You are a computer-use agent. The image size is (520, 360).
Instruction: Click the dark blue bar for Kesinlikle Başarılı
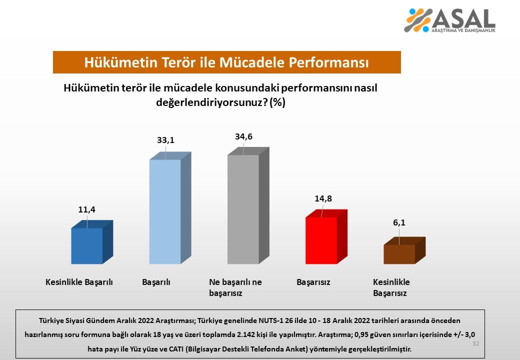[x=87, y=245]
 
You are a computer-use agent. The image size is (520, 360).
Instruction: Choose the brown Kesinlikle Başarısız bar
[x=399, y=254]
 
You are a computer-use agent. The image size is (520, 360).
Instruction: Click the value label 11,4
[x=86, y=210]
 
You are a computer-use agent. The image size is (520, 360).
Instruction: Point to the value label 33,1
[x=165, y=140]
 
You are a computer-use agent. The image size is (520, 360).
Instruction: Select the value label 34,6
[x=243, y=136]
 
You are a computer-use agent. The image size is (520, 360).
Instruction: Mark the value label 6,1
[x=399, y=223]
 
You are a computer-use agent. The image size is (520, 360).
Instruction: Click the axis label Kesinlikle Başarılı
[x=79, y=282]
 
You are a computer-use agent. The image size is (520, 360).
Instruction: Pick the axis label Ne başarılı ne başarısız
[x=235, y=287]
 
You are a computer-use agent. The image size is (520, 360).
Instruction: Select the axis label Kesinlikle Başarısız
[x=391, y=287]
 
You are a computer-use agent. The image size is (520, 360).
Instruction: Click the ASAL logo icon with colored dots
[x=417, y=20]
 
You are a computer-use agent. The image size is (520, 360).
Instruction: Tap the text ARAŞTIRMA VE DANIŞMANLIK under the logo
[x=463, y=30]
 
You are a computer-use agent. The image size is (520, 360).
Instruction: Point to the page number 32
[x=475, y=343]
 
